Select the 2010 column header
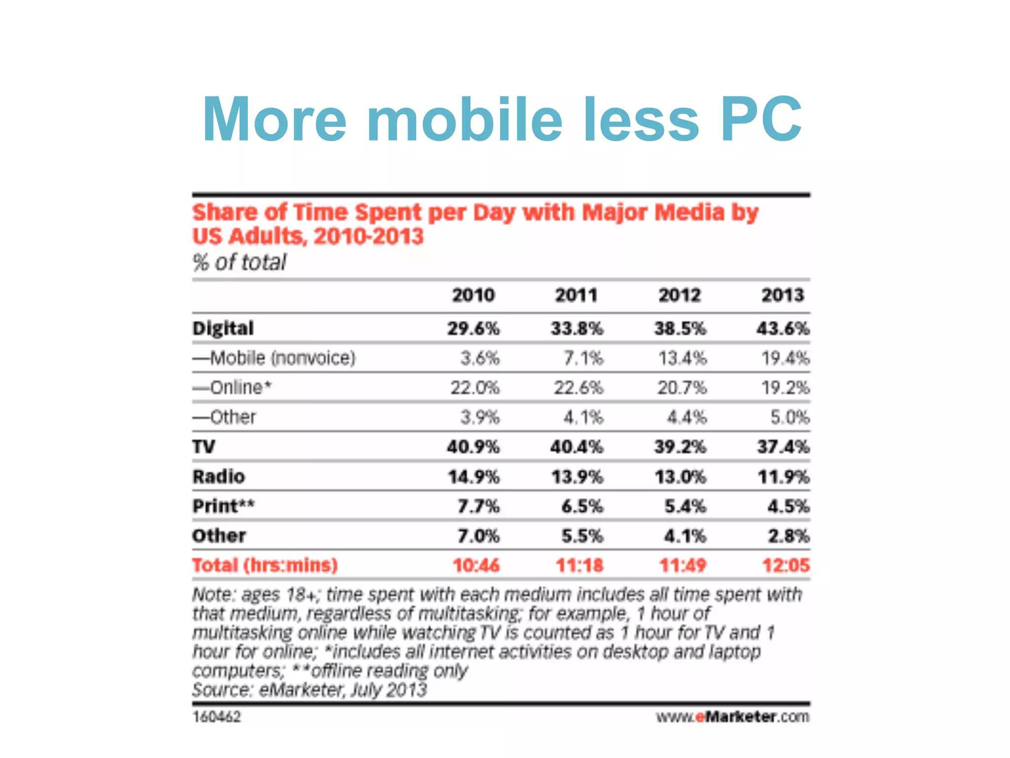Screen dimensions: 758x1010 (473, 295)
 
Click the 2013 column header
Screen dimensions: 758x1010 (783, 295)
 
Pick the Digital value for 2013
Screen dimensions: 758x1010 (783, 328)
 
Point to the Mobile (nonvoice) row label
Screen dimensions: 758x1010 (274, 358)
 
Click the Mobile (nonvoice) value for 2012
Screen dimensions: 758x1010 (683, 358)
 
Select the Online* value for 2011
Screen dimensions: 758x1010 (578, 387)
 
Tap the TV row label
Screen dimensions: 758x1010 (204, 447)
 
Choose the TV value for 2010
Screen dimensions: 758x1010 (473, 447)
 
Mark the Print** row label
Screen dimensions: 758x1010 (223, 506)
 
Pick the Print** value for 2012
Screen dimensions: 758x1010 (685, 506)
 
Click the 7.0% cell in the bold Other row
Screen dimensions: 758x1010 (478, 535)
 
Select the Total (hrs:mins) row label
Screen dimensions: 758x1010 (265, 565)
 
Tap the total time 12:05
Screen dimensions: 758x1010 (786, 565)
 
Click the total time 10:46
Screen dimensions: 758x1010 (476, 565)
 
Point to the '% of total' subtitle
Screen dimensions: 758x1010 (239, 262)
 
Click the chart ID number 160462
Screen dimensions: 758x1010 (216, 717)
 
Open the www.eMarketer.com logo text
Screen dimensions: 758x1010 (732, 717)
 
